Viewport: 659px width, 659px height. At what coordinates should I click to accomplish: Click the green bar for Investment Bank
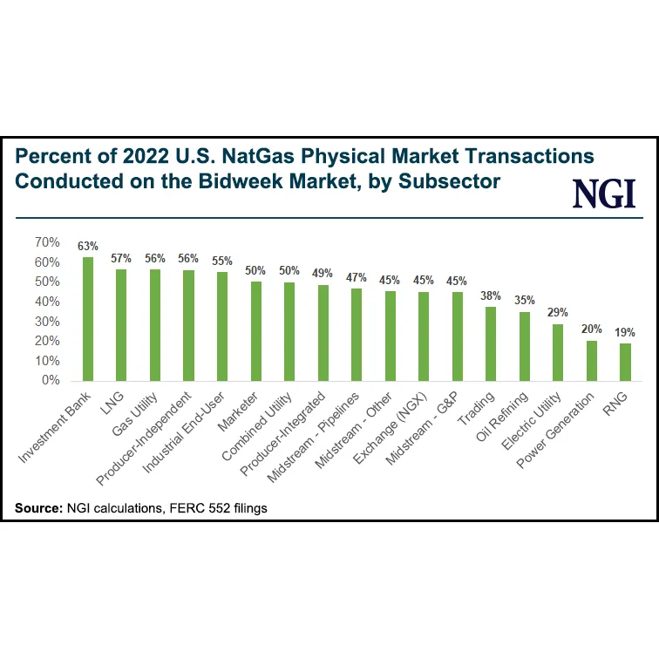pos(88,319)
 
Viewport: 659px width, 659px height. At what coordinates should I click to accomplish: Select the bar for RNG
pos(625,362)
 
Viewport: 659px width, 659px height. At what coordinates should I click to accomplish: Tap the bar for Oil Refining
pos(524,346)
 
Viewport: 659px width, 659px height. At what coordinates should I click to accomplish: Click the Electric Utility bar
pos(558,352)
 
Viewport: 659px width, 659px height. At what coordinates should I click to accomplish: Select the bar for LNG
pos(121,324)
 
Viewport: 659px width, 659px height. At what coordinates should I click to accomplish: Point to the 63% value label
pos(88,246)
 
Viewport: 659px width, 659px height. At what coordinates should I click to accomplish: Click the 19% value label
pos(625,332)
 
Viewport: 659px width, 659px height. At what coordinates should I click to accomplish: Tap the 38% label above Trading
pos(491,296)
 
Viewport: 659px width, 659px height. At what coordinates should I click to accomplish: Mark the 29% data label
pos(558,313)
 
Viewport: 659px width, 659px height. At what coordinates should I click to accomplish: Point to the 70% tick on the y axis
pos(47,242)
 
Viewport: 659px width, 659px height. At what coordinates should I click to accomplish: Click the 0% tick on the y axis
pos(51,381)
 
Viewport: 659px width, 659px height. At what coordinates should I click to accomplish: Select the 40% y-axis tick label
pos(47,302)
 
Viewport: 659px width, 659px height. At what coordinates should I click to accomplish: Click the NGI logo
pos(603,193)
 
